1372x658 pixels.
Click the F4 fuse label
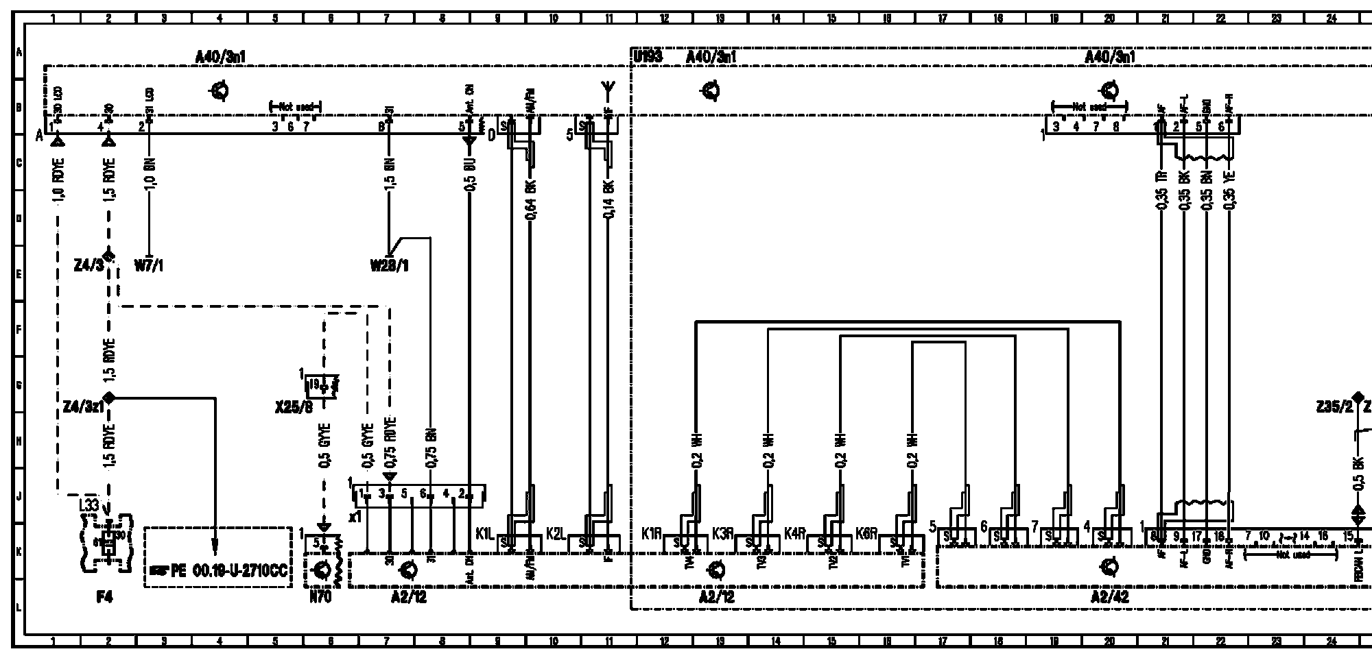(104, 598)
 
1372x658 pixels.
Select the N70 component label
(320, 598)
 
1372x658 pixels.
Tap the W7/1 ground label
(149, 265)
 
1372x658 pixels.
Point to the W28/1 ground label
(390, 265)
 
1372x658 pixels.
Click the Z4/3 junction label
(89, 265)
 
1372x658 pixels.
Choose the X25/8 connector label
(293, 408)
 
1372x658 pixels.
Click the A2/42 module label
(1109, 598)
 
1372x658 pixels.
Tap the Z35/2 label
(1334, 408)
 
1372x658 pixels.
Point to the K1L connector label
(484, 533)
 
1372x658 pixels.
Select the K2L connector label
(556, 533)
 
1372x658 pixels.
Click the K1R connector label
(651, 533)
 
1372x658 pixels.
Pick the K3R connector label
(722, 533)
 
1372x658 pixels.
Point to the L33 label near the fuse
(89, 505)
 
